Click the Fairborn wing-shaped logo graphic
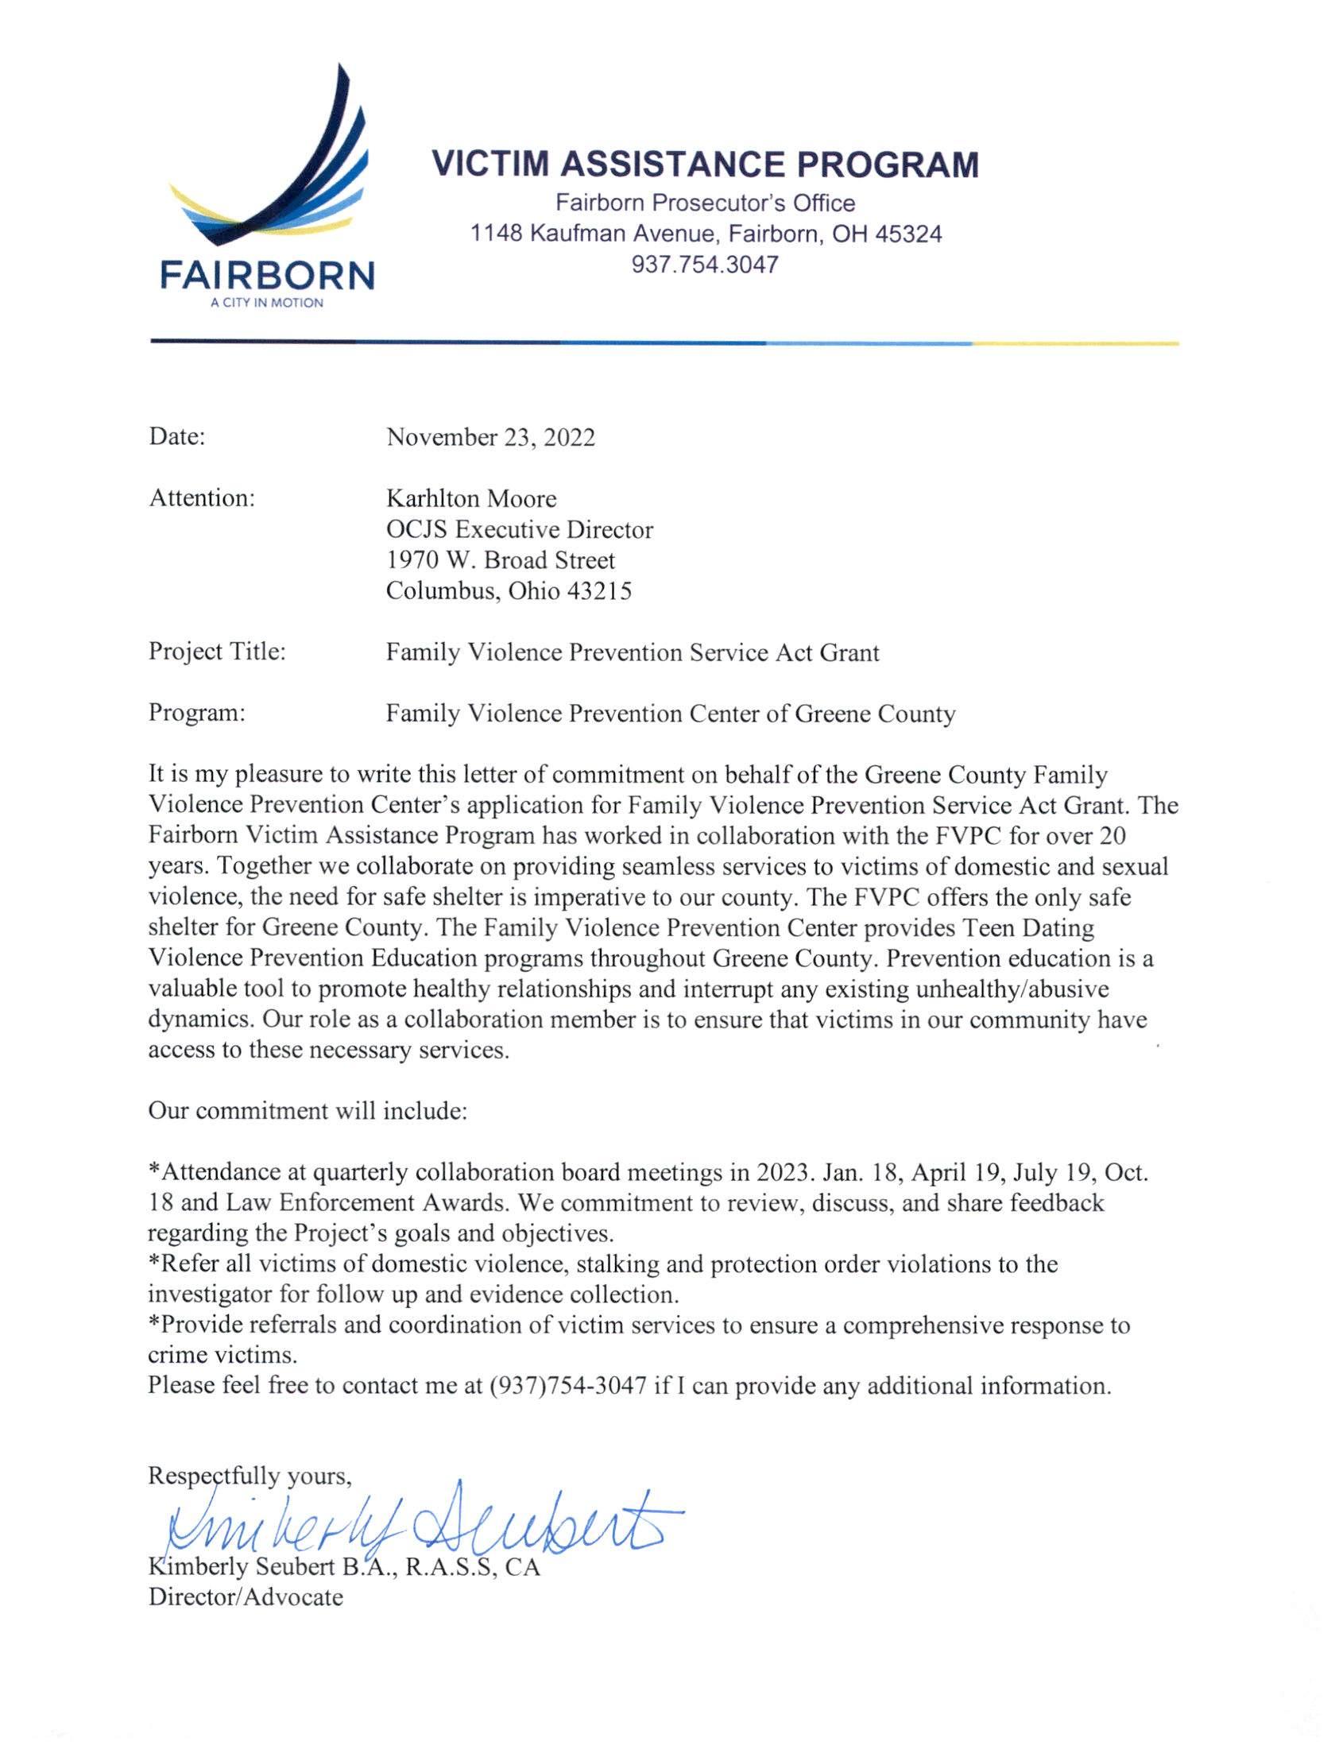click(x=270, y=159)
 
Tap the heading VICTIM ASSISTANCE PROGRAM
click(x=705, y=164)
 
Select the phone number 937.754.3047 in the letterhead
click(x=705, y=264)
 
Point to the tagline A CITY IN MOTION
click(x=267, y=303)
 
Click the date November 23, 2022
click(x=490, y=437)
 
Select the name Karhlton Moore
click(x=471, y=499)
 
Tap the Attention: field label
click(x=202, y=498)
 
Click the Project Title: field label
click(x=217, y=652)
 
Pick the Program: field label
click(x=196, y=713)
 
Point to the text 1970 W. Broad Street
click(x=501, y=560)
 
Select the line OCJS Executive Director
click(x=520, y=530)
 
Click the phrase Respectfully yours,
click(x=250, y=1476)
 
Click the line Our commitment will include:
click(x=308, y=1111)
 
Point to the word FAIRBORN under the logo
click(x=267, y=276)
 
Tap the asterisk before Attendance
click(x=154, y=1171)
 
